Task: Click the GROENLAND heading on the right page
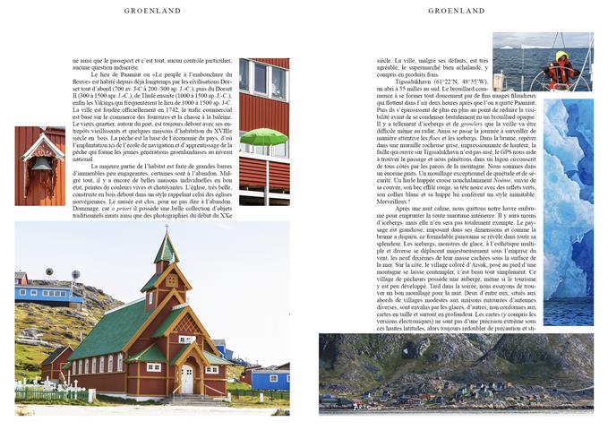pyautogui.click(x=456, y=11)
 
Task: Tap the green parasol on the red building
pyautogui.click(x=263, y=137)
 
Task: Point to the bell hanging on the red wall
pyautogui.click(x=41, y=165)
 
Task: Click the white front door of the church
pyautogui.click(x=187, y=379)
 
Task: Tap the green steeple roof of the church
pyautogui.click(x=165, y=251)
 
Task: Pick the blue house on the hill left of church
pyautogui.click(x=45, y=291)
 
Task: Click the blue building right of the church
pyautogui.click(x=268, y=377)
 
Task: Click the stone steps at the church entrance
pyautogui.click(x=187, y=397)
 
